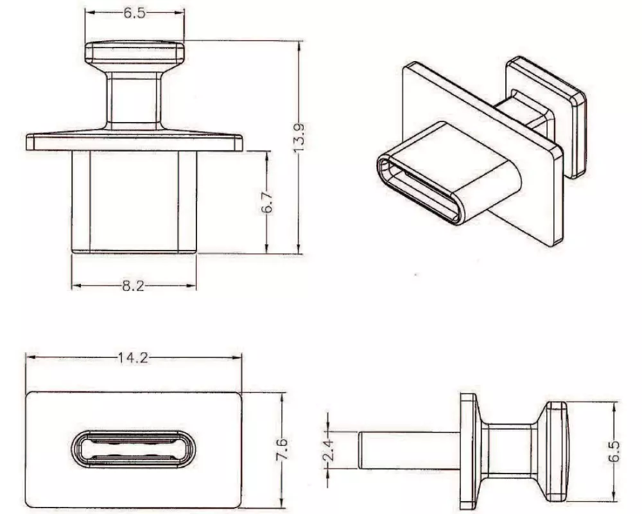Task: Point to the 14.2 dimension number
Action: [132, 358]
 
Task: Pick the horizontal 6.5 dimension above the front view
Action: [134, 13]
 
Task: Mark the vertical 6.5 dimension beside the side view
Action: [614, 452]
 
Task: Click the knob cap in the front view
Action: [135, 53]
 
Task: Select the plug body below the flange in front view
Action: [134, 200]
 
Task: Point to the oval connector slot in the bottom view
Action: [133, 448]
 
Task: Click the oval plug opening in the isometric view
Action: [417, 191]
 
